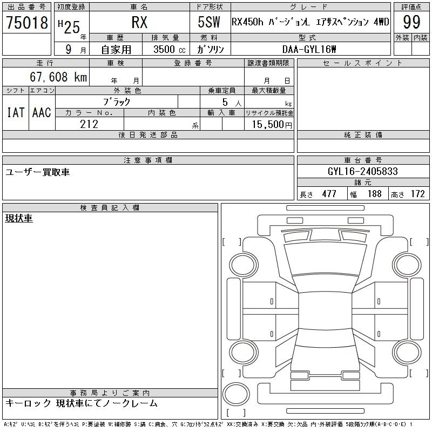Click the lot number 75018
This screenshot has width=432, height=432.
click(27, 22)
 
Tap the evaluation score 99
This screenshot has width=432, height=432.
click(411, 22)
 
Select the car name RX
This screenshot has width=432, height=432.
click(139, 22)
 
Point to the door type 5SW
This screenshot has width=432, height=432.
click(209, 22)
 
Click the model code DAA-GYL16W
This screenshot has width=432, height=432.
click(309, 49)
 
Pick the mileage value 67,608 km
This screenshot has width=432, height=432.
click(58, 77)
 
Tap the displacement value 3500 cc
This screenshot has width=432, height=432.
click(170, 49)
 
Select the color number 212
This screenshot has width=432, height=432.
click(89, 124)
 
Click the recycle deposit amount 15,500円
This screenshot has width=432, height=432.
click(272, 125)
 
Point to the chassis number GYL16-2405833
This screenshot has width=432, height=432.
click(362, 171)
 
